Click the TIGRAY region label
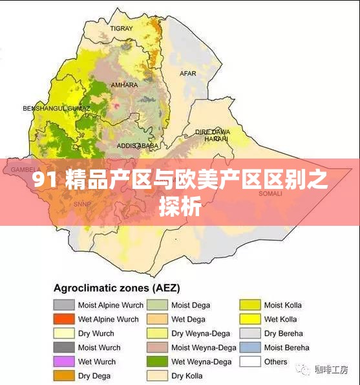click(x=122, y=28)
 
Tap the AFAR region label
click(x=188, y=74)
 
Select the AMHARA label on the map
click(x=124, y=85)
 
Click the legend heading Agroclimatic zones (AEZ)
click(x=116, y=288)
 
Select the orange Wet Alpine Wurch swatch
click(x=64, y=320)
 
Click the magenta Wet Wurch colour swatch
click(x=64, y=362)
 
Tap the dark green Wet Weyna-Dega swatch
click(x=157, y=362)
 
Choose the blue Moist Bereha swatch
click(x=250, y=347)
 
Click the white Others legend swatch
click(x=250, y=362)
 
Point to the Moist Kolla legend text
click(x=282, y=305)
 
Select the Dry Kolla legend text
click(x=187, y=376)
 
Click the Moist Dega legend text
click(x=191, y=305)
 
